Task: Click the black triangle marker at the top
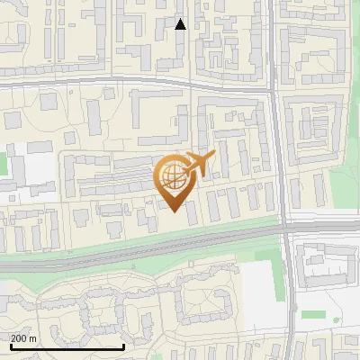pyautogui.click(x=180, y=24)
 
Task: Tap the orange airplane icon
pyautogui.click(x=199, y=164)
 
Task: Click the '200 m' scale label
pyautogui.click(x=23, y=338)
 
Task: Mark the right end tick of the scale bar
pyautogui.click(x=123, y=346)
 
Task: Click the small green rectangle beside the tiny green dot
pyautogui.click(x=313, y=314)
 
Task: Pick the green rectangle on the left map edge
pyautogui.click(x=3, y=166)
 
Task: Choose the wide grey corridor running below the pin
pyautogui.click(x=135, y=247)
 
